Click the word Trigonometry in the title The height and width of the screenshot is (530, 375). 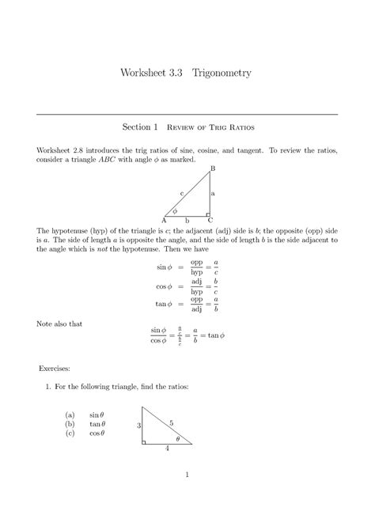coord(216,73)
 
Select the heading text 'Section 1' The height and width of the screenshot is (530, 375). coord(141,126)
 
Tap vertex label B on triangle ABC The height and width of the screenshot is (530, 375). coord(212,169)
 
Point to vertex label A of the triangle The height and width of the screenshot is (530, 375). coord(164,219)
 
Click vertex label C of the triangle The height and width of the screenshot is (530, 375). coord(210,219)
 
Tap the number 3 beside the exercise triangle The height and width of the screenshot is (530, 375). coord(138,426)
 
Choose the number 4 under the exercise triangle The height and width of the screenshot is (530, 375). coord(167,449)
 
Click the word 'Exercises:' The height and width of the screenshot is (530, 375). coord(56,369)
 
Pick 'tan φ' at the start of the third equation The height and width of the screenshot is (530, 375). coord(164,305)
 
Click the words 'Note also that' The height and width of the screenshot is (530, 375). coord(62,323)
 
